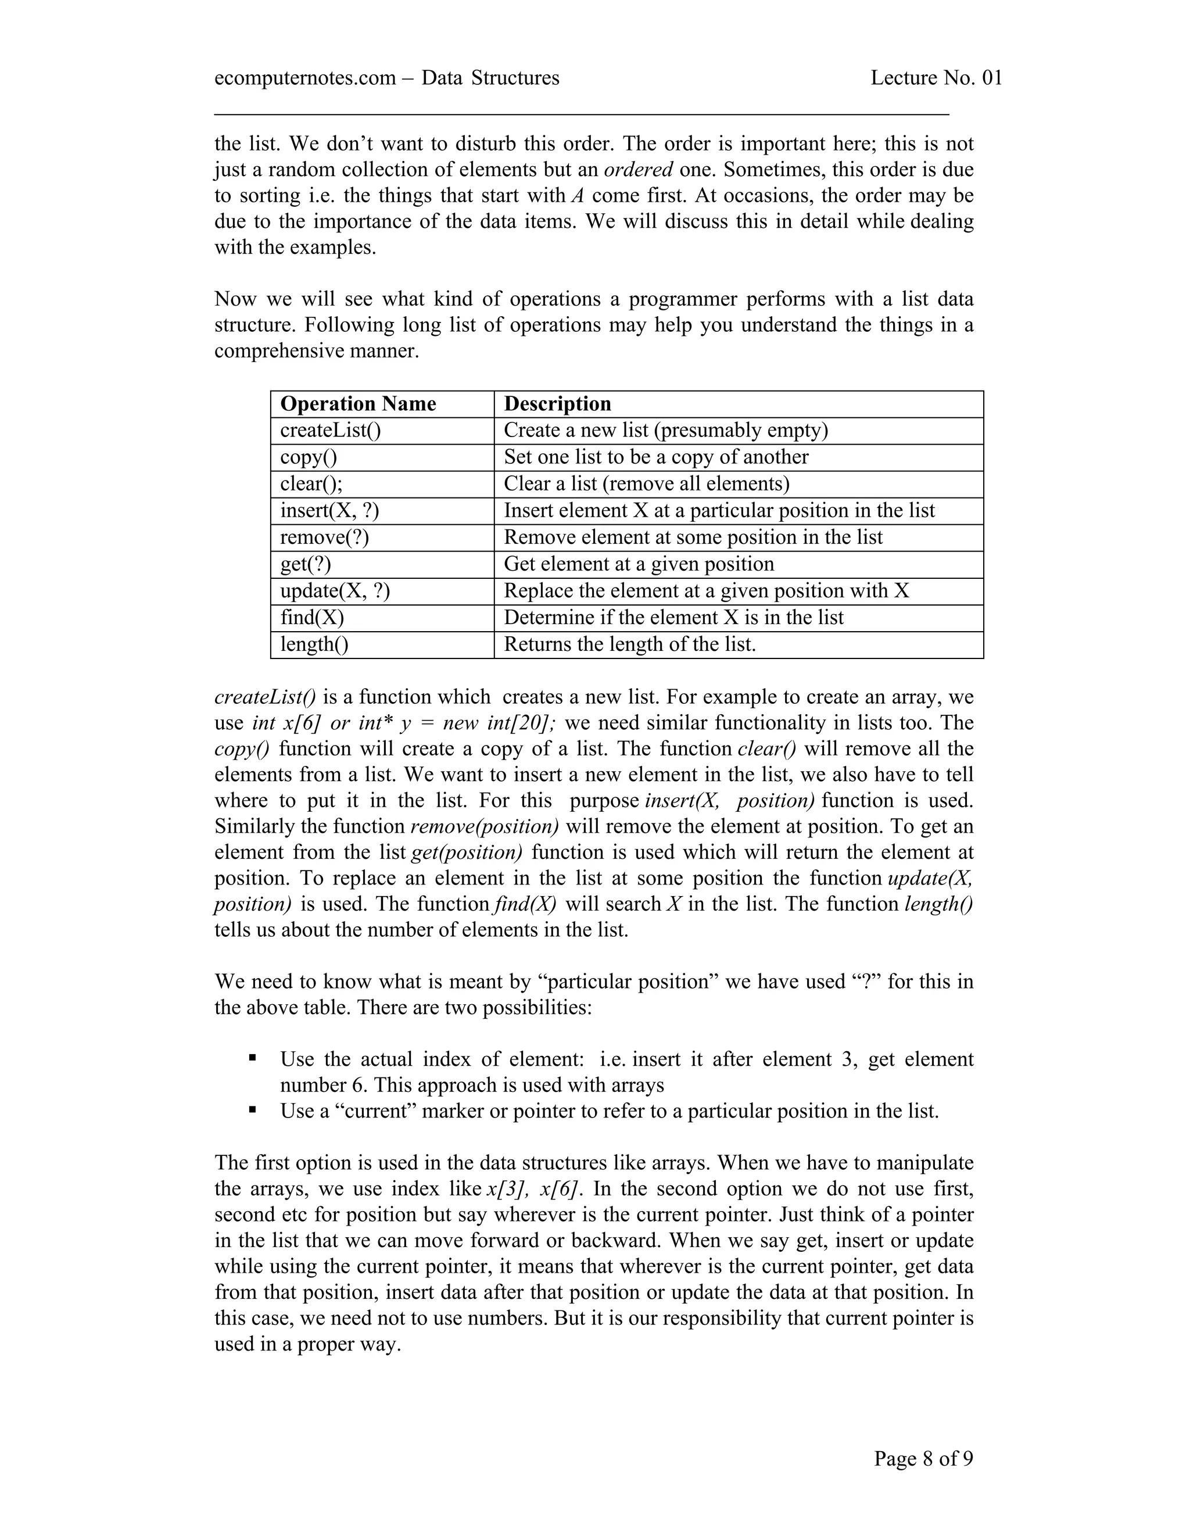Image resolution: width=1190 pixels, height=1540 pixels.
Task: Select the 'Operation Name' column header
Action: (x=358, y=404)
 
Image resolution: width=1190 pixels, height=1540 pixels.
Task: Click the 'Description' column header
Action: (x=557, y=404)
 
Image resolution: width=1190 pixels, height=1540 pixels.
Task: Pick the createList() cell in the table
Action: (x=330, y=431)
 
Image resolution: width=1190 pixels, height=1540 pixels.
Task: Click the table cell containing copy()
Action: (x=309, y=457)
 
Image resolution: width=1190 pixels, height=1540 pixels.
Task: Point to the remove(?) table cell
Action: (x=324, y=538)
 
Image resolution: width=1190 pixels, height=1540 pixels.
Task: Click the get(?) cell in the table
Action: (x=305, y=564)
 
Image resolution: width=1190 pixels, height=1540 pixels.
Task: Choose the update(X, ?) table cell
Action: (x=335, y=591)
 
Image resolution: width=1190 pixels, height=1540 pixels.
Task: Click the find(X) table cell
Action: (x=311, y=618)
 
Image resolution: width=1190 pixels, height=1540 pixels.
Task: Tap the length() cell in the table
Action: (x=314, y=644)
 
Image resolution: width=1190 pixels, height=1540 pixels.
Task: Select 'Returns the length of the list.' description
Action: (x=629, y=644)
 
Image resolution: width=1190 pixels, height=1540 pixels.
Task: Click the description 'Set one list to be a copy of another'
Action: (x=655, y=457)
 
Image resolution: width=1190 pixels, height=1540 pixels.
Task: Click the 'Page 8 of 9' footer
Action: (x=923, y=1458)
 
